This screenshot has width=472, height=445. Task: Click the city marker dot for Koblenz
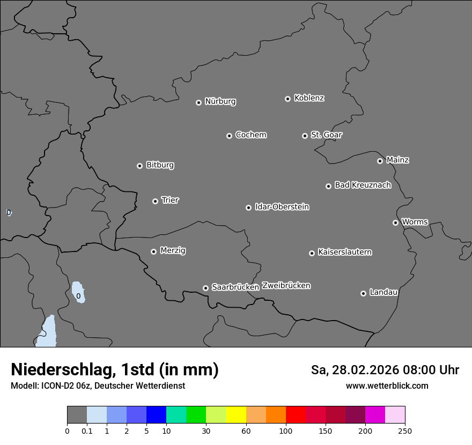pyautogui.click(x=287, y=99)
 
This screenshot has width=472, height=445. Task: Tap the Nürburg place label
pyautogui.click(x=220, y=101)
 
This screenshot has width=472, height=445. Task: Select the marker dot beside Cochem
pyautogui.click(x=229, y=136)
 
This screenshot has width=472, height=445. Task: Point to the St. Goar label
pyautogui.click(x=326, y=135)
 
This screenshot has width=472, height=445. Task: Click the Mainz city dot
pyautogui.click(x=380, y=161)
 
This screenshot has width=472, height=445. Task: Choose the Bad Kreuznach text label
pyautogui.click(x=363, y=185)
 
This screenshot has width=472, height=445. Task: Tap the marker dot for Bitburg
pyautogui.click(x=139, y=166)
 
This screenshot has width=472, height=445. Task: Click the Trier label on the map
pyautogui.click(x=170, y=200)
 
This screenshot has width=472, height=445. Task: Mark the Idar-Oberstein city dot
pyautogui.click(x=248, y=207)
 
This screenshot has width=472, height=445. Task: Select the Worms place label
pyautogui.click(x=415, y=221)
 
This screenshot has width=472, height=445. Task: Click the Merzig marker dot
pyautogui.click(x=153, y=251)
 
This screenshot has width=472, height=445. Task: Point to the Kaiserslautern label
pyautogui.click(x=344, y=252)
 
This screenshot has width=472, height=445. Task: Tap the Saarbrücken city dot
pyautogui.click(x=205, y=288)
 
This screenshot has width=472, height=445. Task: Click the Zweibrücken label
pyautogui.click(x=286, y=285)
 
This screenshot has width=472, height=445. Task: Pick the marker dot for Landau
pyautogui.click(x=363, y=293)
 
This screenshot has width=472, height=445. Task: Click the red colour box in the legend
pyautogui.click(x=296, y=415)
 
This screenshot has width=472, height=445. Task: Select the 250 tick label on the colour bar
pyautogui.click(x=405, y=431)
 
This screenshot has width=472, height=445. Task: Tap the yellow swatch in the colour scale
pyautogui.click(x=236, y=415)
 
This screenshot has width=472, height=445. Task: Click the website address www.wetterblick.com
pyautogui.click(x=387, y=385)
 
